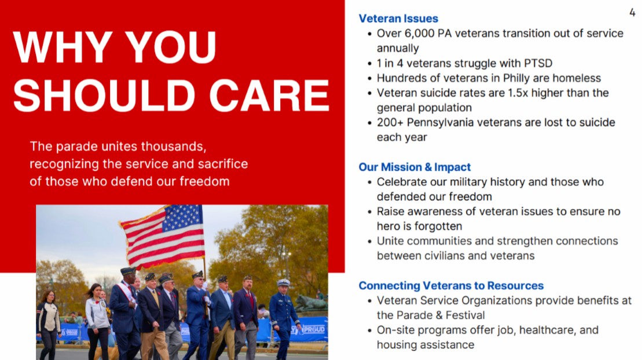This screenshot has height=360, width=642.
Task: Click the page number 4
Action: click(632, 13)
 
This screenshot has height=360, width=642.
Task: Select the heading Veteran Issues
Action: click(398, 19)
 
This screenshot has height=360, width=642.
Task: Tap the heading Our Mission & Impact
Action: click(414, 167)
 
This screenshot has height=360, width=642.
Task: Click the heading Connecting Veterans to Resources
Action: click(451, 285)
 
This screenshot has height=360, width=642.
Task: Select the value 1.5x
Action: click(518, 93)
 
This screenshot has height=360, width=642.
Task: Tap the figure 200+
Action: click(390, 123)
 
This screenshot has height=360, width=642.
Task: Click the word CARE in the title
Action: click(269, 95)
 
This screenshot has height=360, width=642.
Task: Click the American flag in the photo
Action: click(164, 236)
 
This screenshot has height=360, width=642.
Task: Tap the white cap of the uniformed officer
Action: click(283, 282)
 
